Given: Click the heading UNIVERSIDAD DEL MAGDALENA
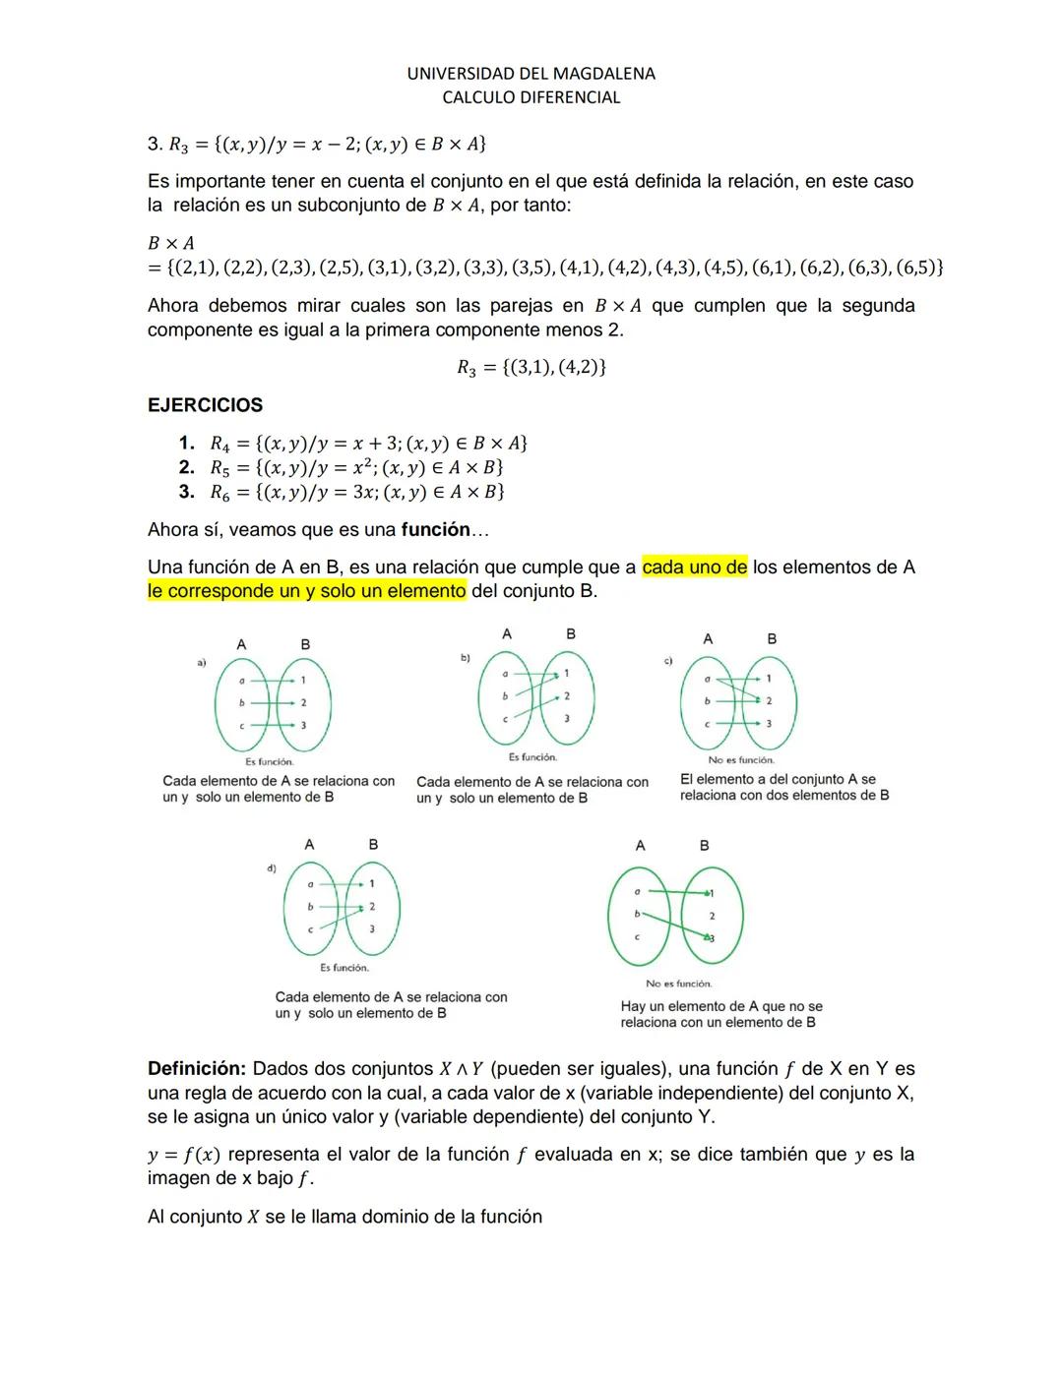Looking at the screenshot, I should (x=531, y=74).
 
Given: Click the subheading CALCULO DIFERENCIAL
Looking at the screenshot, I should (x=531, y=97).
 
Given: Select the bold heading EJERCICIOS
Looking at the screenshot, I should (x=205, y=405).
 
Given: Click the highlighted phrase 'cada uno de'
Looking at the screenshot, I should (x=694, y=568).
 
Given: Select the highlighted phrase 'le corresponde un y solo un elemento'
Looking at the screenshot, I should (x=306, y=591).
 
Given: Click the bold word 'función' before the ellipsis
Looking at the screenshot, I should (x=435, y=530).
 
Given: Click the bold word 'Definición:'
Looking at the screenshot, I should (x=196, y=1069).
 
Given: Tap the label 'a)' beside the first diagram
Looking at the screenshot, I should (x=201, y=664).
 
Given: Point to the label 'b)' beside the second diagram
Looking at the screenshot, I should (x=466, y=657).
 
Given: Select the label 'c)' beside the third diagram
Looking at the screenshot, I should (x=668, y=661).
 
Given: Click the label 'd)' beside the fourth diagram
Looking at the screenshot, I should (x=272, y=868).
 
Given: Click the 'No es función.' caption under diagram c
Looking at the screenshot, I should (x=741, y=760).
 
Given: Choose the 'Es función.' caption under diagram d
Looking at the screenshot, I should (x=344, y=968).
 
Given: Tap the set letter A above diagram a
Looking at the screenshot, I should (x=241, y=644).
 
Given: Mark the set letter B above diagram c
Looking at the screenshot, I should (x=772, y=639).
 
